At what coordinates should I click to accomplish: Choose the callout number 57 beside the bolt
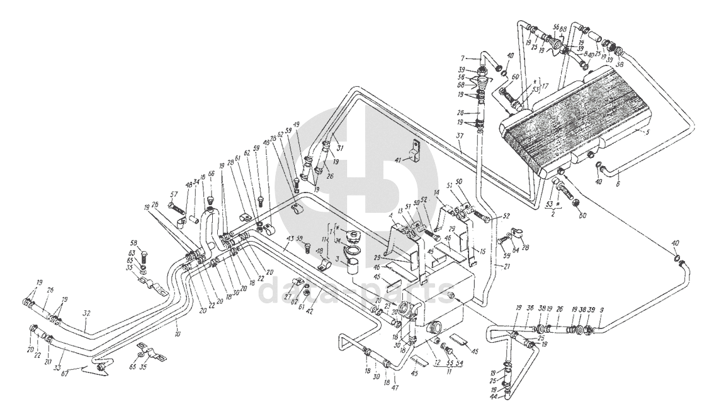click(x=172, y=194)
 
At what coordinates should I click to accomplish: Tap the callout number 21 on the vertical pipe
click(x=503, y=267)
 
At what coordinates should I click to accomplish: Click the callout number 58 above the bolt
click(x=133, y=243)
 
